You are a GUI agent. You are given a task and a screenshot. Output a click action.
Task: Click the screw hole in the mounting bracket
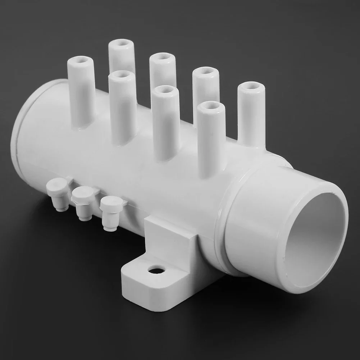(x=156, y=269)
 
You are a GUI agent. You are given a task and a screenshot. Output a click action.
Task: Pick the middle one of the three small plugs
(x=84, y=204)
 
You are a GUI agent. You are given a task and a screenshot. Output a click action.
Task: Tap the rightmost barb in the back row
(x=251, y=111)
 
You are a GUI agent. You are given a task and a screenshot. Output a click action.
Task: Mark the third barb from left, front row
(x=165, y=122)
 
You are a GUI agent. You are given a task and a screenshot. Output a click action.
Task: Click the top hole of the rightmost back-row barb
(x=251, y=86)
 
